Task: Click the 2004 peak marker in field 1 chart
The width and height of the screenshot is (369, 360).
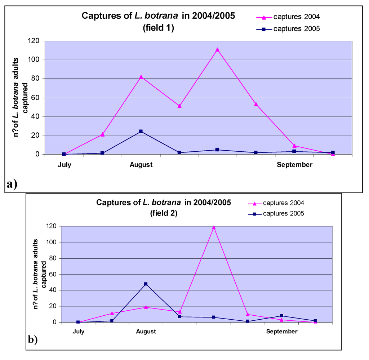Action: (217, 50)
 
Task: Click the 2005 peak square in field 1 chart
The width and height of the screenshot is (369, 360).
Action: (141, 131)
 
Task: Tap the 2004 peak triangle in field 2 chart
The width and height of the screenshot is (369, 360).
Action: (214, 227)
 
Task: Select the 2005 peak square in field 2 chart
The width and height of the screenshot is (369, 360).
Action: (146, 284)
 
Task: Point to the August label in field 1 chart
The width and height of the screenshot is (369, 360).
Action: (141, 165)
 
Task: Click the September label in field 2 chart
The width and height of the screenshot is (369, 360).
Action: (282, 332)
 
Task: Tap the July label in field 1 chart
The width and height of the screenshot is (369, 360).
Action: (65, 165)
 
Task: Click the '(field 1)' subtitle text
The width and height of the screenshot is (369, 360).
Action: (159, 28)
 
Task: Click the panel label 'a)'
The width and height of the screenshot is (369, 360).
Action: (12, 184)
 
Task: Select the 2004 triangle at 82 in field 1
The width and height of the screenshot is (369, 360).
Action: (141, 77)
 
